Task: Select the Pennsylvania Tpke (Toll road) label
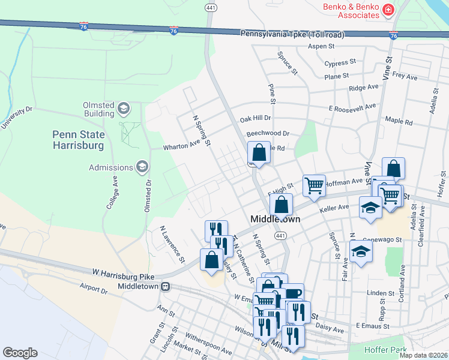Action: tap(292, 35)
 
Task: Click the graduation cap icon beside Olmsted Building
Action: tap(124, 109)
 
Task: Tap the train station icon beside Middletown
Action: tap(167, 287)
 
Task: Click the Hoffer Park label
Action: tap(385, 349)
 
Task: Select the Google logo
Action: tap(20, 352)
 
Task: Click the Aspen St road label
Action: tap(321, 46)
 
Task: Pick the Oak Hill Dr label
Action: tap(255, 119)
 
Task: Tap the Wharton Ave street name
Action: tap(181, 145)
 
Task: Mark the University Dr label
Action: tap(16, 118)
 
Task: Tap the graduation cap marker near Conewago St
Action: tap(361, 251)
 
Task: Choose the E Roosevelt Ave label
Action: tap(352, 107)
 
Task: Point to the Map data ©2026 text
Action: tap(424, 355)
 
